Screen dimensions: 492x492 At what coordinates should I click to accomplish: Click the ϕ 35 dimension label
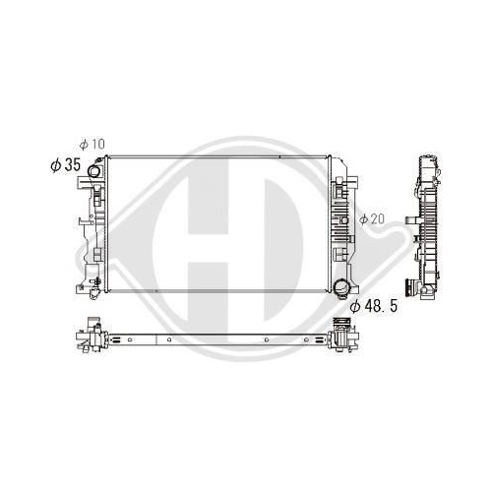[65, 164]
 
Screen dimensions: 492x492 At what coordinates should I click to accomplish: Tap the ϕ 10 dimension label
[92, 144]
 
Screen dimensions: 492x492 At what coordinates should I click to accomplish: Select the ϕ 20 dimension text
[372, 218]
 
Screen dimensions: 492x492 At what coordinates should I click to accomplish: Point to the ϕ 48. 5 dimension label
[374, 306]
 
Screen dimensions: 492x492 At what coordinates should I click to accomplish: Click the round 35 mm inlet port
[94, 170]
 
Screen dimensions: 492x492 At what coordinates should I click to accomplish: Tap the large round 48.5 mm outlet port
[340, 287]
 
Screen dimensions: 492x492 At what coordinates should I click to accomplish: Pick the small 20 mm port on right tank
[344, 220]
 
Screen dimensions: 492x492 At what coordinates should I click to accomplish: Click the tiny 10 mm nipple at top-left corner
[98, 160]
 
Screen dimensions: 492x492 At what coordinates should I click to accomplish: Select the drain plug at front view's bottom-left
[94, 293]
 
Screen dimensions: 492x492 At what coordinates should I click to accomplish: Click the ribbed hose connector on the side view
[410, 287]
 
